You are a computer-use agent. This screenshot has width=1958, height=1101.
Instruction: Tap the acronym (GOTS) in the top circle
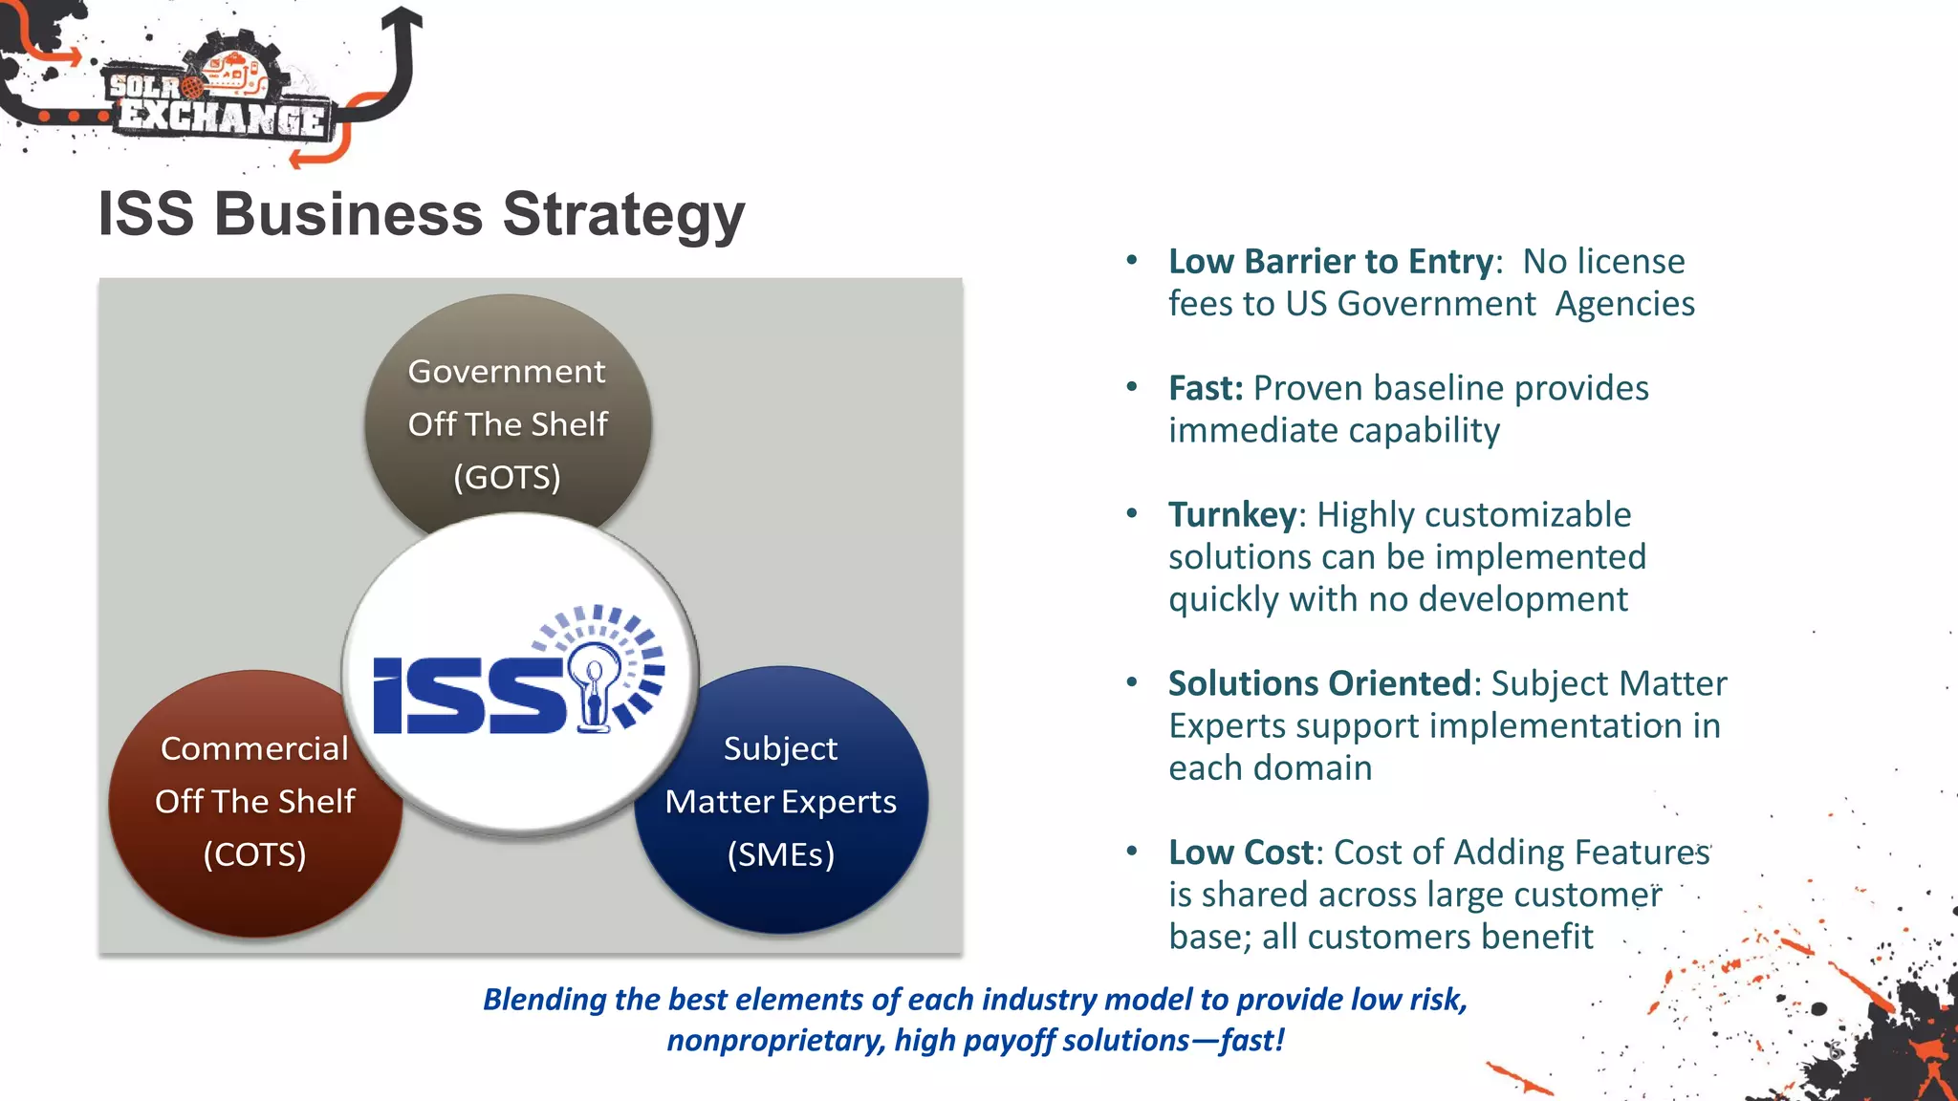tap(507, 477)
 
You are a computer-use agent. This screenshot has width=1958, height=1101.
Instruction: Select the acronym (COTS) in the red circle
tap(254, 854)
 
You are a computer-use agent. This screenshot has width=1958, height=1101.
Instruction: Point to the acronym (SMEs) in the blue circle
tap(780, 854)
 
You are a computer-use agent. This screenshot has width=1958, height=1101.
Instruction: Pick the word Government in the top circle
tap(507, 371)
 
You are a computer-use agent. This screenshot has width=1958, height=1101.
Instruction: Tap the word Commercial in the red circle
tap(254, 748)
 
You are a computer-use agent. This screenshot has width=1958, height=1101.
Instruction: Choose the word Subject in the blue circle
tap(780, 748)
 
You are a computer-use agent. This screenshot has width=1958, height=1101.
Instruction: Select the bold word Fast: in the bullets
tap(1206, 388)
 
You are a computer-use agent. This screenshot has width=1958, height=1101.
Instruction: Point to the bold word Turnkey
tap(1232, 515)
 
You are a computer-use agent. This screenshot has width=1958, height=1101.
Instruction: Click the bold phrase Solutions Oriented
tap(1318, 683)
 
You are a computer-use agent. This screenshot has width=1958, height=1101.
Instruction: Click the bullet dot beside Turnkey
tap(1132, 513)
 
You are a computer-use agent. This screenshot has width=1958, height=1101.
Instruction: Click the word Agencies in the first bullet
tap(1624, 304)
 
